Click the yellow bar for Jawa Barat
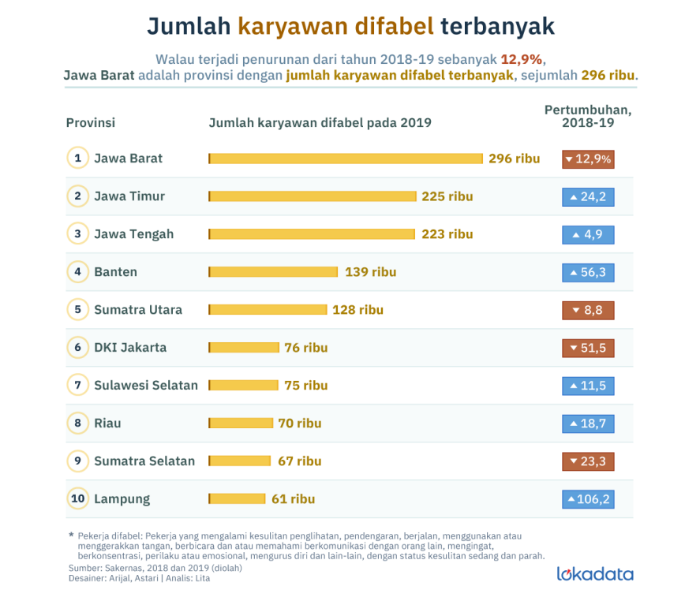tap(346, 159)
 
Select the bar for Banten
tap(273, 272)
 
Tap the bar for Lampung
tap(237, 499)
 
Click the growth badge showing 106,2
tap(588, 499)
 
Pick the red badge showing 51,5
tap(588, 348)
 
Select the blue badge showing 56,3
tap(588, 272)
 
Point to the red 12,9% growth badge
tap(588, 159)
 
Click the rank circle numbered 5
tap(77, 310)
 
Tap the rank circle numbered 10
tap(77, 499)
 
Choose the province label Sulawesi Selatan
tap(146, 386)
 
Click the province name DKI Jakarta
tap(130, 348)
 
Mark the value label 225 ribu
tap(447, 196)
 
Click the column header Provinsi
tap(91, 123)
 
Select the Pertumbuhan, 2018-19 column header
tap(588, 117)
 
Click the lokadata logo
tap(594, 573)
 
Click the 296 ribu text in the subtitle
tap(608, 76)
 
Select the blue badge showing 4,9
tap(588, 234)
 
